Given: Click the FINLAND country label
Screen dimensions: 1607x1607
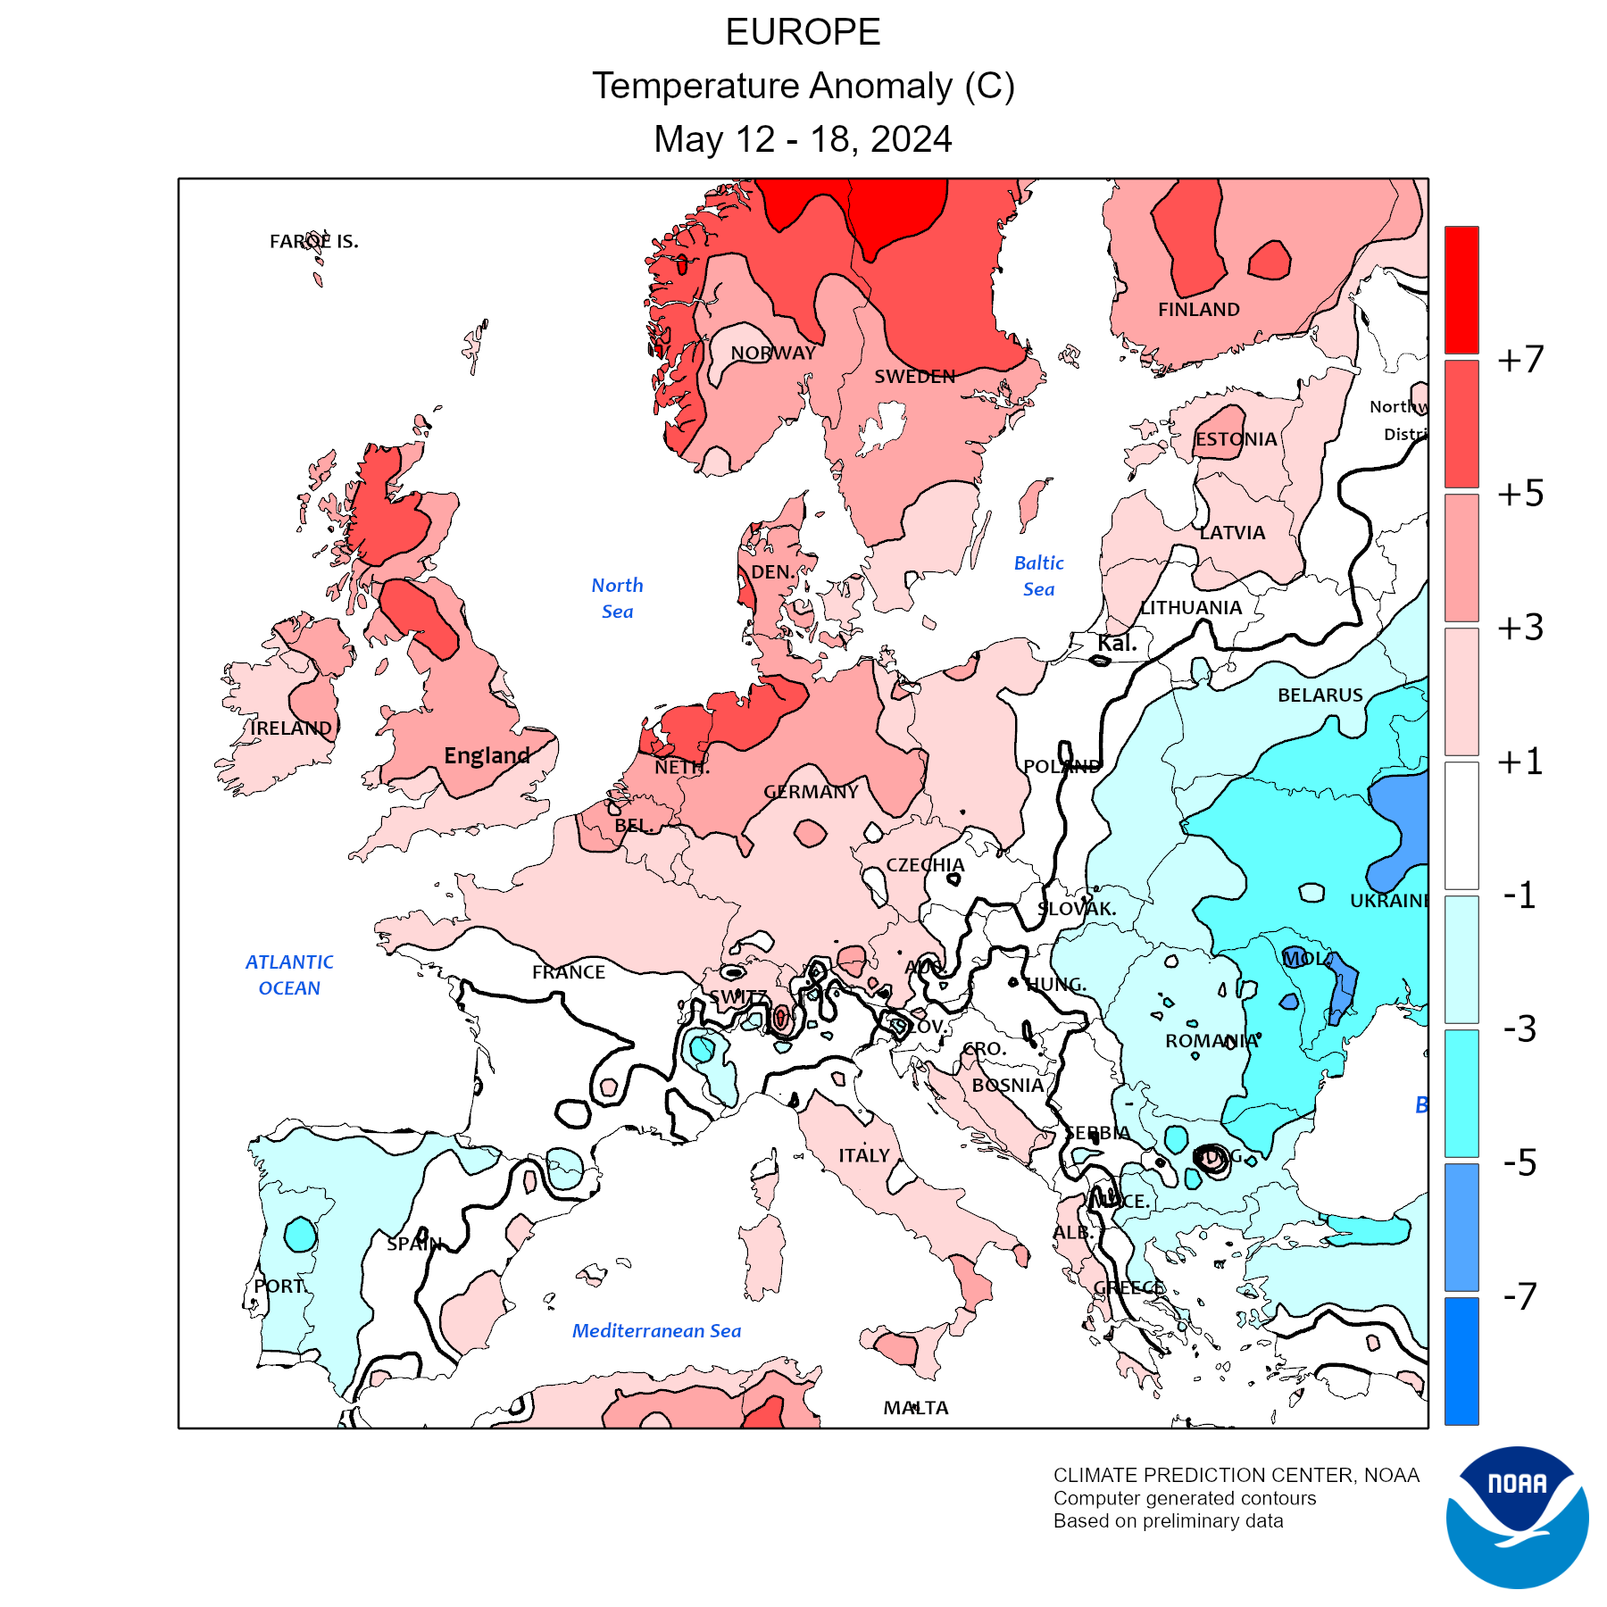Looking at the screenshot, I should click(x=1198, y=310).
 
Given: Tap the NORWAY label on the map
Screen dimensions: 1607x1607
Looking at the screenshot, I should click(x=773, y=354).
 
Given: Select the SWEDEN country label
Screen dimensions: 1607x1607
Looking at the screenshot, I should click(x=914, y=377).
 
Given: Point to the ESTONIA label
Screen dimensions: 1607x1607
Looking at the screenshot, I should click(x=1236, y=439).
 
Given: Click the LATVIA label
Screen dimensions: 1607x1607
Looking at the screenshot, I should click(x=1232, y=533).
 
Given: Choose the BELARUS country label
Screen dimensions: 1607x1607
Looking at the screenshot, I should click(x=1320, y=695).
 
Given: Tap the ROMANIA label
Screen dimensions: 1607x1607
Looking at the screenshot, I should click(x=1211, y=1041).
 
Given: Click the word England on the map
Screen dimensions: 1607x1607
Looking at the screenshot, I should click(x=487, y=756).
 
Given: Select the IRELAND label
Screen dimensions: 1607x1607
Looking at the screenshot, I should click(x=291, y=729).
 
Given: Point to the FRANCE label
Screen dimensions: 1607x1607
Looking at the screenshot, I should click(x=569, y=972).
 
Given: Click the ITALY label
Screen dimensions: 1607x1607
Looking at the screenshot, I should click(x=864, y=1155).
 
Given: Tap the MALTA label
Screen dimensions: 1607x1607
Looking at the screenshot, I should click(x=916, y=1408).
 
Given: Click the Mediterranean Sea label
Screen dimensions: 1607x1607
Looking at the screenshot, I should click(x=656, y=1331).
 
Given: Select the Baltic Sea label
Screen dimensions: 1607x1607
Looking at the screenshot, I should click(x=1038, y=576).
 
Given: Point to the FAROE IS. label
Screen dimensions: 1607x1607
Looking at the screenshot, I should click(x=313, y=241).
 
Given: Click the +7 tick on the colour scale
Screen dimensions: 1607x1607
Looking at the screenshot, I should click(x=1520, y=360).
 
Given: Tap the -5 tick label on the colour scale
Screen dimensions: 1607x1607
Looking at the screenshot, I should click(x=1520, y=1162).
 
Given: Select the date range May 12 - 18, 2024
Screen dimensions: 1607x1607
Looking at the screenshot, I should click(x=803, y=139).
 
